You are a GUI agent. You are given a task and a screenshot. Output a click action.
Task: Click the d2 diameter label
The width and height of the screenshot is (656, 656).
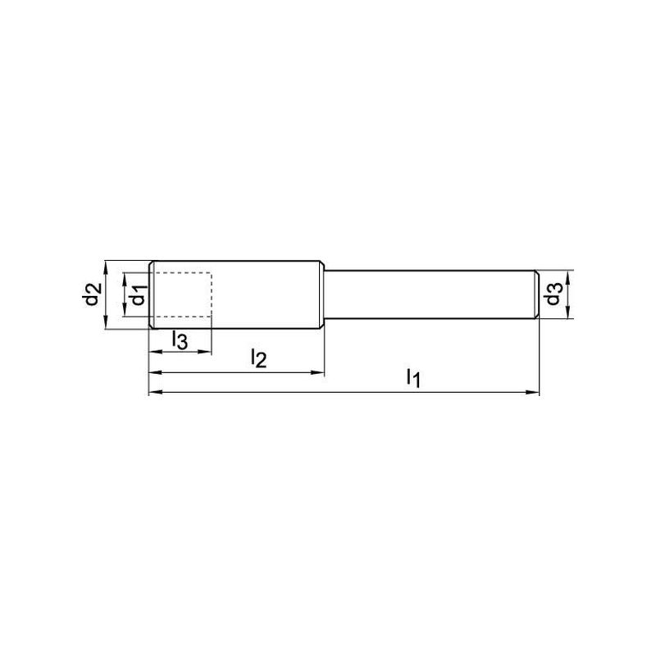pos(93,294)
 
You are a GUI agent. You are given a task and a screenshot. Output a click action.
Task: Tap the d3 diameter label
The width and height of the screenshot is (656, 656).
pos(553,294)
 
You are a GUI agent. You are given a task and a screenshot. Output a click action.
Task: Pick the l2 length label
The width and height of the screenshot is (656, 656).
pos(258,358)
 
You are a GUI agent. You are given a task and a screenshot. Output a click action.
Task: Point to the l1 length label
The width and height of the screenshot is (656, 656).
pos(413,378)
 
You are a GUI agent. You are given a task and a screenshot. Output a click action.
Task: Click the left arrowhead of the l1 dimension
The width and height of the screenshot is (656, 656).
pos(156,392)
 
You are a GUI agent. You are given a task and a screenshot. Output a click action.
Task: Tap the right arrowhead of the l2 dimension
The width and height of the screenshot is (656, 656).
pos(318,372)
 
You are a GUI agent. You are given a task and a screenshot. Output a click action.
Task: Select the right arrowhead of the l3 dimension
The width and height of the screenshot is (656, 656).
pos(205,353)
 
